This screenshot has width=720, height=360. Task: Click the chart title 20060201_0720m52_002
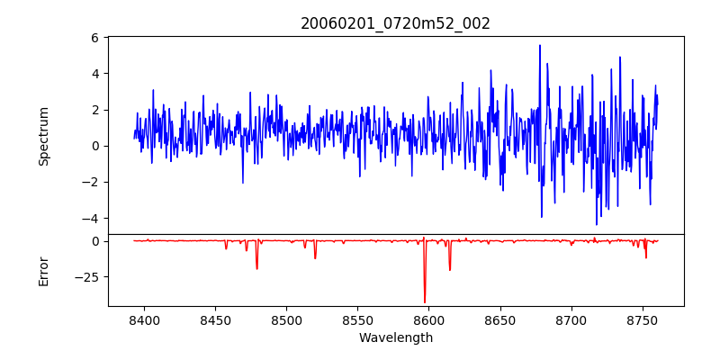point(395,23)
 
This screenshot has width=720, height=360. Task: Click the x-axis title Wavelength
point(395,337)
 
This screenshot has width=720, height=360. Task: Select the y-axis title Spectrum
point(43,136)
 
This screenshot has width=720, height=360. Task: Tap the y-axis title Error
point(43,270)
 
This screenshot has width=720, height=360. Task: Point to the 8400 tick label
point(144,319)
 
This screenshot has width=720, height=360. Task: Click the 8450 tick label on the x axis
point(215,319)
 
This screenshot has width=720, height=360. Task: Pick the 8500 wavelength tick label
point(286,319)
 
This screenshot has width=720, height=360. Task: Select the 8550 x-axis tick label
point(357,319)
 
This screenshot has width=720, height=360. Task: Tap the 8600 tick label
point(428,319)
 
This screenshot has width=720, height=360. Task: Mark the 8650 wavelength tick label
point(499,319)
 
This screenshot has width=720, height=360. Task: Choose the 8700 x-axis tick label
point(571,319)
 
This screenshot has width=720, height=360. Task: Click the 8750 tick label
point(642,319)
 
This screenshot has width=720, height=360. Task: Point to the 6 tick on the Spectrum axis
point(94,38)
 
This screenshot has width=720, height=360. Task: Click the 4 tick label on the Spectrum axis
point(94,74)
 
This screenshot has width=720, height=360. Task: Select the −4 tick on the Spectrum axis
point(90,219)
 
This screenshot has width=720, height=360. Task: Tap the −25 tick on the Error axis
point(86,276)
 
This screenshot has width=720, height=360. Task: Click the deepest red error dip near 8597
point(425,302)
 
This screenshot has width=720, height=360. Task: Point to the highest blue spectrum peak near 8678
point(540,45)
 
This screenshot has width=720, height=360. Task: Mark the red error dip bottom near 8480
point(256,268)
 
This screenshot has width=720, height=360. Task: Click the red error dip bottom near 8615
point(450,270)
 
